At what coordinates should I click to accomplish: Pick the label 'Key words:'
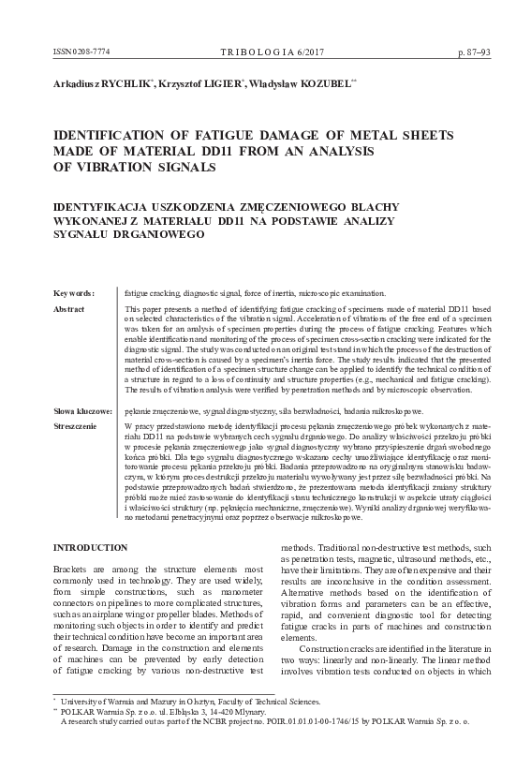tap(74, 293)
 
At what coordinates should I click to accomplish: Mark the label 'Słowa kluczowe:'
tap(82, 411)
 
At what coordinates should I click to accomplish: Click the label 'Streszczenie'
tap(75, 427)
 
